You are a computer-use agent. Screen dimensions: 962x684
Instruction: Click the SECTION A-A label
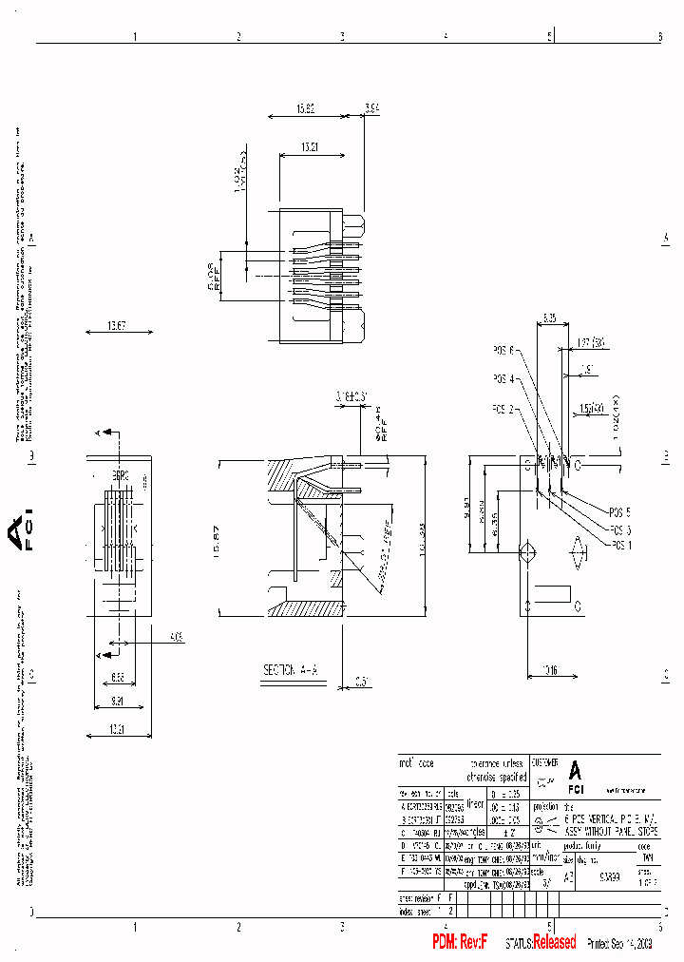click(x=289, y=670)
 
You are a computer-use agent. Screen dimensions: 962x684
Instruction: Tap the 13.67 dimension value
click(x=117, y=326)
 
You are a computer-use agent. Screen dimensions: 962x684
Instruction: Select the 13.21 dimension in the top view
click(x=310, y=147)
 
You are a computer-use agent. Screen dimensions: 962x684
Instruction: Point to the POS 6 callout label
click(x=503, y=351)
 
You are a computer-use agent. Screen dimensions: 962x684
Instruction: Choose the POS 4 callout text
click(x=503, y=379)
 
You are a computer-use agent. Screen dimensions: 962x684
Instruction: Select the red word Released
click(x=554, y=942)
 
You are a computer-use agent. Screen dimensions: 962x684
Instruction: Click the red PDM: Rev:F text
click(x=461, y=942)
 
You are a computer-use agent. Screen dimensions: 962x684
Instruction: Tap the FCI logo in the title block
click(x=576, y=776)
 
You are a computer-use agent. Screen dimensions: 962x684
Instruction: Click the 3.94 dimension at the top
click(x=371, y=109)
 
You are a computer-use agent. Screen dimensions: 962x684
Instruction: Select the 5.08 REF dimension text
click(x=214, y=276)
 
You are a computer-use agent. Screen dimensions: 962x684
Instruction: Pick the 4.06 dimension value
click(x=175, y=637)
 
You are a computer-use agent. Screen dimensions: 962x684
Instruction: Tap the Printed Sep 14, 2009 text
click(x=618, y=943)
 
